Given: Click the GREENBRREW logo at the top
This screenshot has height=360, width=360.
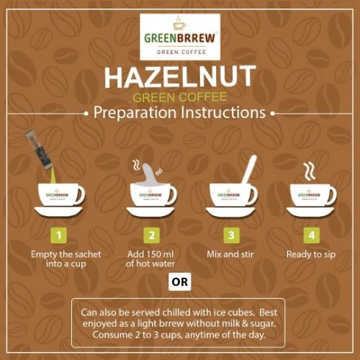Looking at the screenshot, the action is point(180,37).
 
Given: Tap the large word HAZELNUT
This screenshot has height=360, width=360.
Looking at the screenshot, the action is point(180,76).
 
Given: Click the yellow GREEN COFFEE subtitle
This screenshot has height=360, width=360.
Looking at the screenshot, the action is point(180,97).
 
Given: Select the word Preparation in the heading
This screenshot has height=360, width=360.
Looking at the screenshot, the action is point(135,113).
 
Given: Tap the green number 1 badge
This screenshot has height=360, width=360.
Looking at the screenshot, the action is point(59,235).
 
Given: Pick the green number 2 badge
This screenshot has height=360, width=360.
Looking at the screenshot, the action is point(152,235).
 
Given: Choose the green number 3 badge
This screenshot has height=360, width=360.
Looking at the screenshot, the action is point(231,235).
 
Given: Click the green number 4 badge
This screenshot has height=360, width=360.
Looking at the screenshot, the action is point(312,235).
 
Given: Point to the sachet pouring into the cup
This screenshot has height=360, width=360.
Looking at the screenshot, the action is point(38,151).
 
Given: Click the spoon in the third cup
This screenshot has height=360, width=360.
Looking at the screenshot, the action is point(249,171).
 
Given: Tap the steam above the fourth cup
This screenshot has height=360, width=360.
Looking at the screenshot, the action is point(309,171).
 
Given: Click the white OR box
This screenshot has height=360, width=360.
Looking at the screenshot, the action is point(180,282).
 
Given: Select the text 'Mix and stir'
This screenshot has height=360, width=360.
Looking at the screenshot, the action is point(230,254).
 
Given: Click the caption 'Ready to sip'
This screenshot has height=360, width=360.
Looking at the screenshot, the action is point(311,255).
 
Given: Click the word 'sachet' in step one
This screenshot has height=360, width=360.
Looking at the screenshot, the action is point(86,254).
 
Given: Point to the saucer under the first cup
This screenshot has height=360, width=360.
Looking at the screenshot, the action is point(58,212).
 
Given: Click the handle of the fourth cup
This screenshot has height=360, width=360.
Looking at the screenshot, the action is point(332,195).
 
